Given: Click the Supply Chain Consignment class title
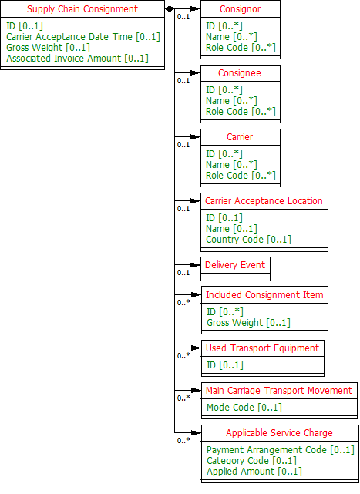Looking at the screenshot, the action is [x=82, y=9].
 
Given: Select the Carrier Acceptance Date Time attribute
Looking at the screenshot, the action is [x=83, y=37].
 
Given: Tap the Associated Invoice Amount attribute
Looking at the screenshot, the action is [x=77, y=59].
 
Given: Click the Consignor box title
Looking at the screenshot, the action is [x=241, y=9].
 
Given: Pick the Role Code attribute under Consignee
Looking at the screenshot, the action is [x=241, y=112].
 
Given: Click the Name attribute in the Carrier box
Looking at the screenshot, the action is [x=231, y=165].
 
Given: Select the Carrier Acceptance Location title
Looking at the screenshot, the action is [x=264, y=201].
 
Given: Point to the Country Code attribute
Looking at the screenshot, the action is [x=248, y=240].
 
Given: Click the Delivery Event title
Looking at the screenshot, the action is [x=235, y=265].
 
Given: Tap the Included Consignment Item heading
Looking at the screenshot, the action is [x=264, y=295].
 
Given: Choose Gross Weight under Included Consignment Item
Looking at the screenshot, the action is [x=248, y=323].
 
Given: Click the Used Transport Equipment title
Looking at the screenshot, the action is [x=262, y=348].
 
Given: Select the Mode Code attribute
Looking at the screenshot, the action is [x=244, y=408].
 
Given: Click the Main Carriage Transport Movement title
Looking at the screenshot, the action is [x=279, y=391].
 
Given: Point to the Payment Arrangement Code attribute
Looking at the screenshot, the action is [x=281, y=450].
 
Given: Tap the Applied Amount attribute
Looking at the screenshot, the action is [x=254, y=472].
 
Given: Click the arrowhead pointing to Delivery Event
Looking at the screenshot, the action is [x=196, y=265].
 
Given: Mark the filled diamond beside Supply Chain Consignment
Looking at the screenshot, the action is [x=170, y=8].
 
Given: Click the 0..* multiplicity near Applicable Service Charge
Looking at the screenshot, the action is [x=183, y=441].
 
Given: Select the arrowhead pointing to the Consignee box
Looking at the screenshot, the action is [x=196, y=73].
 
